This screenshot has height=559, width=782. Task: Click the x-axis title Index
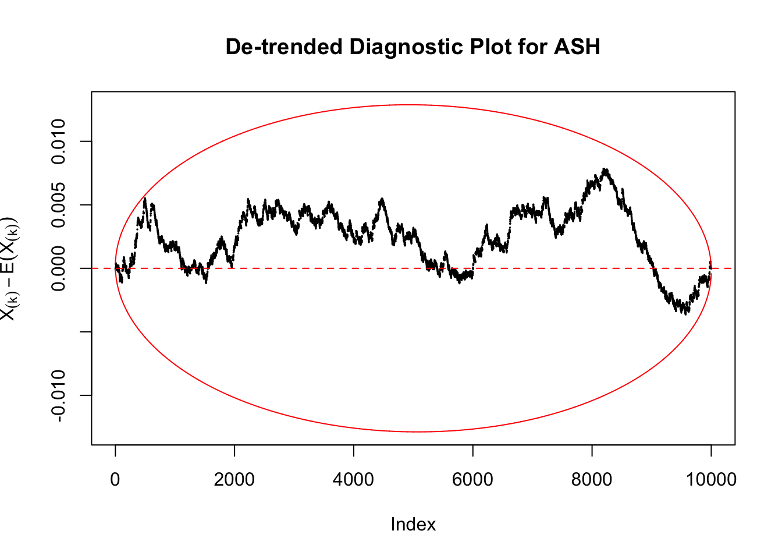(413, 525)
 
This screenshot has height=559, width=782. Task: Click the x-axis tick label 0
(115, 480)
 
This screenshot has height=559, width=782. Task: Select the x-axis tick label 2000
(234, 480)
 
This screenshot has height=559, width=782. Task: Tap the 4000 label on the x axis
(354, 480)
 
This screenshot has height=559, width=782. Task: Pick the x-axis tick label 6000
(472, 480)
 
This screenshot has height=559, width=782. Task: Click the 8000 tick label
(592, 480)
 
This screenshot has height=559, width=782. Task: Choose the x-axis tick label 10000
(710, 480)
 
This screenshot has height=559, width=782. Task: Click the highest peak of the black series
(606, 169)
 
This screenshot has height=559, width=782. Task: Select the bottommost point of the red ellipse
(418, 432)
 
